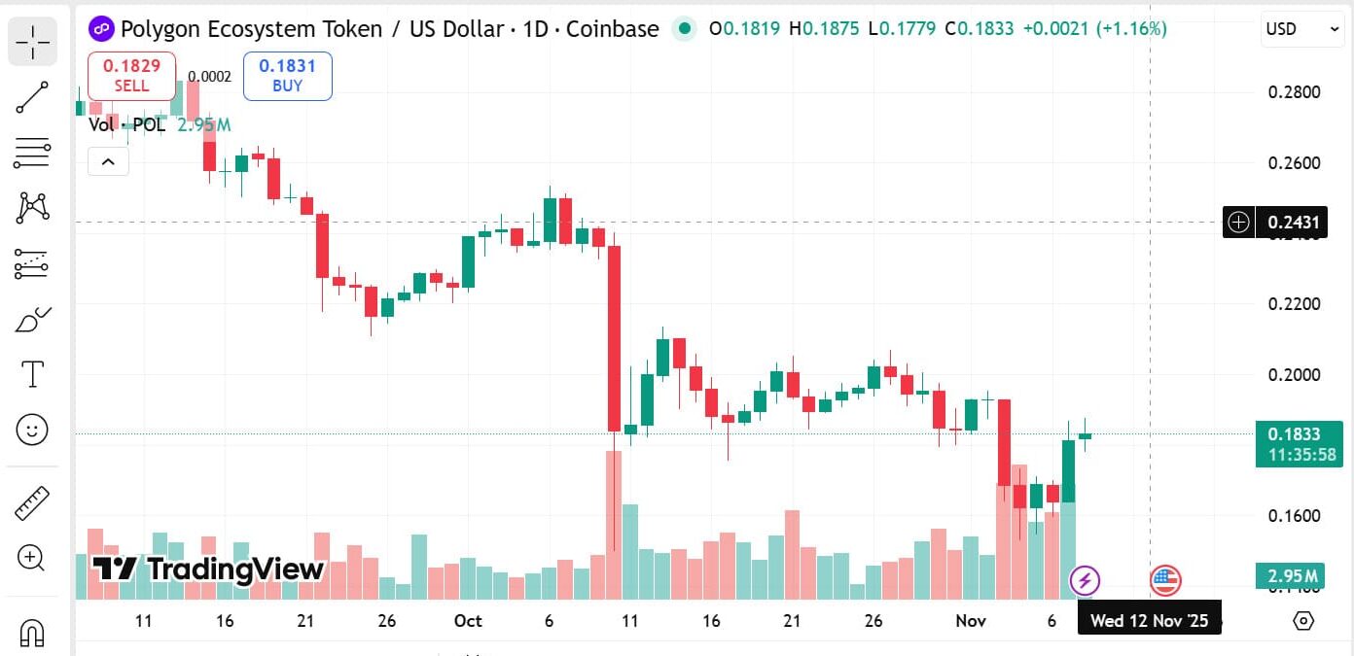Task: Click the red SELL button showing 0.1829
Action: pos(131,76)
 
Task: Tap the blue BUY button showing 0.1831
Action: pos(287,76)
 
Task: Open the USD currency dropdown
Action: pos(1302,29)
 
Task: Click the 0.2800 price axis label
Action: pos(1294,92)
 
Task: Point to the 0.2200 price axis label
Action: pos(1294,304)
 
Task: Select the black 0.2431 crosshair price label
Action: pos(1294,223)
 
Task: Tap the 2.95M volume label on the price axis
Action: pos(1299,576)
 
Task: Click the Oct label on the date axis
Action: pos(468,621)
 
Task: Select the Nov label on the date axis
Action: pos(971,621)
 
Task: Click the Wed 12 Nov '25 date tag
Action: pos(1149,621)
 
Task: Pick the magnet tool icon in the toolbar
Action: pos(32,633)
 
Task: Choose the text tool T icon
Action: pos(33,374)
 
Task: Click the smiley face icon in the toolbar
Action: pos(33,430)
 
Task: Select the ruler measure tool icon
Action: pos(33,502)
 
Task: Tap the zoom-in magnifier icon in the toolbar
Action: pos(31,558)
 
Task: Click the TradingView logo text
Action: pos(208,570)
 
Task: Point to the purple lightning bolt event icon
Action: pos(1085,581)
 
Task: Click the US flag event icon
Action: pos(1164,581)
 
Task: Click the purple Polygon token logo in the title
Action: pos(101,29)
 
